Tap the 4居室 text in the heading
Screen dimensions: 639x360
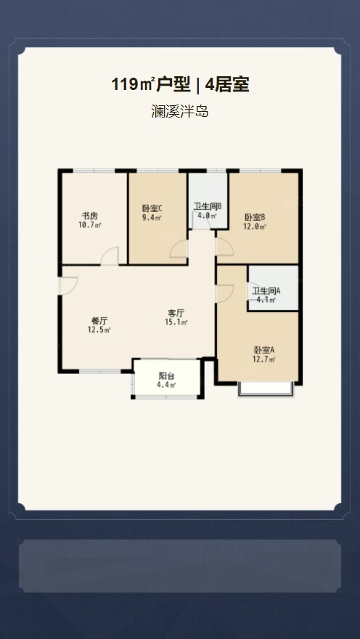click(227, 85)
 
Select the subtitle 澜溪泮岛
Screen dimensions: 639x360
click(179, 113)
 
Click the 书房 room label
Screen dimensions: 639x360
click(90, 216)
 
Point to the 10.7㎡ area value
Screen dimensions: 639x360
click(90, 225)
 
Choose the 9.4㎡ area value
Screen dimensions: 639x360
click(152, 217)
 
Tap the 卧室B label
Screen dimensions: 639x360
click(255, 217)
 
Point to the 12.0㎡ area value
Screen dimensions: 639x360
click(255, 226)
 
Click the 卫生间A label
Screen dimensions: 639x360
click(266, 290)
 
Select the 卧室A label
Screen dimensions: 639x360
click(263, 349)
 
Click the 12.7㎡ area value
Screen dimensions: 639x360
click(263, 358)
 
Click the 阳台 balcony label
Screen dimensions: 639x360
click(167, 376)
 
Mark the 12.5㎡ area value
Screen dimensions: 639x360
click(99, 330)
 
